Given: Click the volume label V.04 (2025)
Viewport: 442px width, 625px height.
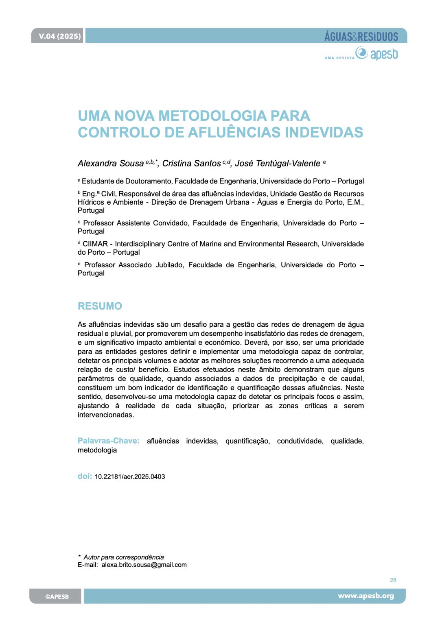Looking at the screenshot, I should (59, 36).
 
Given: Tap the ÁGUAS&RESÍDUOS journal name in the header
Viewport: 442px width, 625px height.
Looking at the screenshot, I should (361, 37).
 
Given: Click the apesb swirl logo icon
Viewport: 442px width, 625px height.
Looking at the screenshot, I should (361, 53).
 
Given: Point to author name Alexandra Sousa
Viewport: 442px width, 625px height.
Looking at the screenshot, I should (111, 164).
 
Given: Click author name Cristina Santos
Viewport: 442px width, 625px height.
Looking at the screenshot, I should (191, 164).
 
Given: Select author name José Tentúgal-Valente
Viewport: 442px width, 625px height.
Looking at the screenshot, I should (278, 164).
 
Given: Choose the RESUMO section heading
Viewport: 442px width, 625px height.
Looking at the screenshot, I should (100, 306).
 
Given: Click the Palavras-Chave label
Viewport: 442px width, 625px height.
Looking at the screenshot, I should (108, 441).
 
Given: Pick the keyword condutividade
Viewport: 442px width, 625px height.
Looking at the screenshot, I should (300, 441).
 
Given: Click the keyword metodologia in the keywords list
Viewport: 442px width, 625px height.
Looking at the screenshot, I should (97, 450).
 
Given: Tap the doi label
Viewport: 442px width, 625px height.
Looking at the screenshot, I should (85, 476).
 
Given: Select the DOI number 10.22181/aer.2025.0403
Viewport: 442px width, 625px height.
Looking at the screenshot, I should (130, 476).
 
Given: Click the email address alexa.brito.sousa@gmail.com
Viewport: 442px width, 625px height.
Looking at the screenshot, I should (144, 565).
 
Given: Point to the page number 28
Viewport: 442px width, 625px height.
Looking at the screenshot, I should (393, 580).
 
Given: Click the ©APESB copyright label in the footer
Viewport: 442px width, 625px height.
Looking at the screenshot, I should (57, 597).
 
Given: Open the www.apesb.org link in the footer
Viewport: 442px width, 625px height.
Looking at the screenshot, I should (366, 596).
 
